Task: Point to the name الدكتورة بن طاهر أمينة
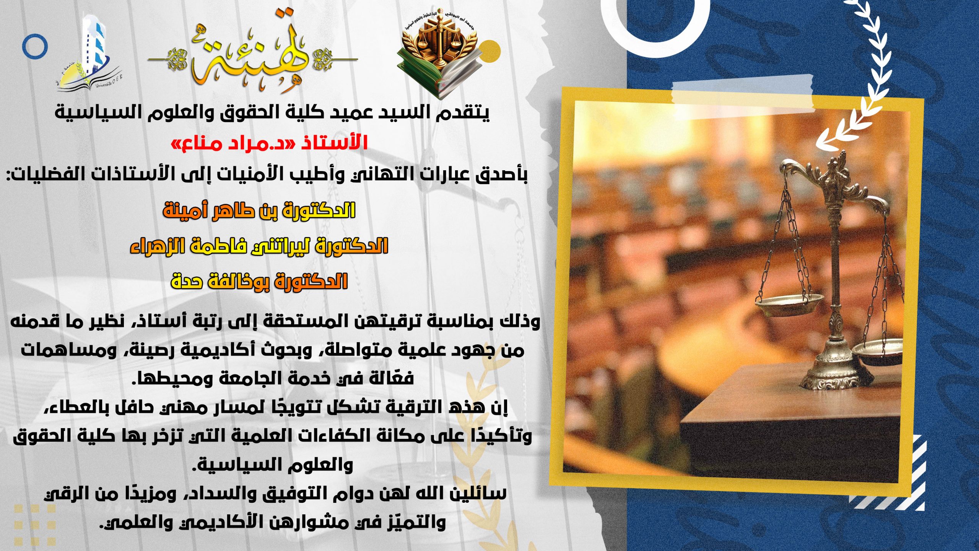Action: point(259,210)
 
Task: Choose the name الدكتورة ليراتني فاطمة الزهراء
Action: point(259,246)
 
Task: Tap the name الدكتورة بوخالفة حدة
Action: point(259,281)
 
